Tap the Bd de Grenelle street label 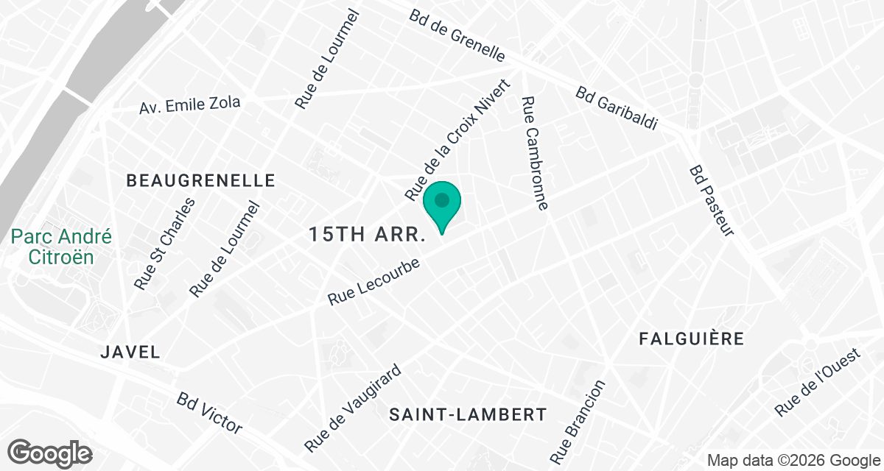tap(457, 35)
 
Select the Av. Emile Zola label tap(190, 105)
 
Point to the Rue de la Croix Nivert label tap(457, 139)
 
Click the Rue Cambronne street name tap(534, 154)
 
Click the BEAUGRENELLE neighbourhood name tap(200, 180)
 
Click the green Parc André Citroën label tap(62, 247)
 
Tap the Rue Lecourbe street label tap(373, 282)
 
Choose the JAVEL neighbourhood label tap(130, 353)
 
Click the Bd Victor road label tap(209, 412)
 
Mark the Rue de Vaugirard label tap(353, 408)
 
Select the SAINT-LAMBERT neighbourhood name tap(469, 414)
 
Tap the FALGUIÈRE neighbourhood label tap(692, 339)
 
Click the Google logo tap(50, 452)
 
